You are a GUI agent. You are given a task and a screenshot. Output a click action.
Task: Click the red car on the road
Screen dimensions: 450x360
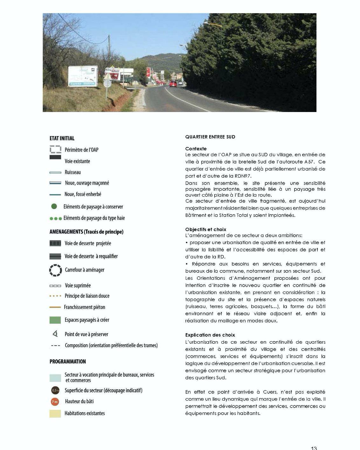tap(173, 84)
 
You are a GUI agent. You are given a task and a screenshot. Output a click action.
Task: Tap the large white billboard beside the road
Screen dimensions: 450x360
tap(82, 76)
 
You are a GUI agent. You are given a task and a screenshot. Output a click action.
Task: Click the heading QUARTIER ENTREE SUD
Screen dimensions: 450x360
tap(210, 137)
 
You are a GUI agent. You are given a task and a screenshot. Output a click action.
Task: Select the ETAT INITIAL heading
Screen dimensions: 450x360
tap(62, 138)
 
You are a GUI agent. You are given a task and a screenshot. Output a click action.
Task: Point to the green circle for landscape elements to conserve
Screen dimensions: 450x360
tap(54, 207)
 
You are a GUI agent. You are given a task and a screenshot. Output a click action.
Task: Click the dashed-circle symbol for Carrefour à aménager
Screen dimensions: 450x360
tap(55, 270)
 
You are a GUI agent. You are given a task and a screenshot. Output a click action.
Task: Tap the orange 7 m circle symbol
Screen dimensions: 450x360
tap(55, 402)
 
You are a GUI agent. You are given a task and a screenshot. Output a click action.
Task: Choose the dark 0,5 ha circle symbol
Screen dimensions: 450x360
tap(55, 390)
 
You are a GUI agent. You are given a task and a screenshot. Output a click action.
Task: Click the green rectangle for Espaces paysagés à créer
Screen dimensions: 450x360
tap(55, 320)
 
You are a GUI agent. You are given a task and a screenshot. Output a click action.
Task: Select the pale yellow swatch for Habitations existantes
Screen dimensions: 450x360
tap(55, 413)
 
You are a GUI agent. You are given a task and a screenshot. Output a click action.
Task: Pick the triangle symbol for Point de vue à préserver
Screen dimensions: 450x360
tap(55, 334)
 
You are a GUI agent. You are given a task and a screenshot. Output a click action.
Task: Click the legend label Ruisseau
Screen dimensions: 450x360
tap(73, 172)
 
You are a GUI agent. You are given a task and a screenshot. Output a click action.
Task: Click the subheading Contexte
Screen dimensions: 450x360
tap(196, 149)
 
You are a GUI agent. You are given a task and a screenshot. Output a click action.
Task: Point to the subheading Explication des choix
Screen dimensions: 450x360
tap(210, 335)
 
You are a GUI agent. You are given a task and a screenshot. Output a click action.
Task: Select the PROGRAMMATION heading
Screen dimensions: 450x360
tap(68, 362)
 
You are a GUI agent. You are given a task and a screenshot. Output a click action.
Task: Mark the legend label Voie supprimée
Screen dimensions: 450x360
tap(78, 285)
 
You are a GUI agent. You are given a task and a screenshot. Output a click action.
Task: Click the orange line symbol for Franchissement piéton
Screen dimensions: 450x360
tap(55, 307)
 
